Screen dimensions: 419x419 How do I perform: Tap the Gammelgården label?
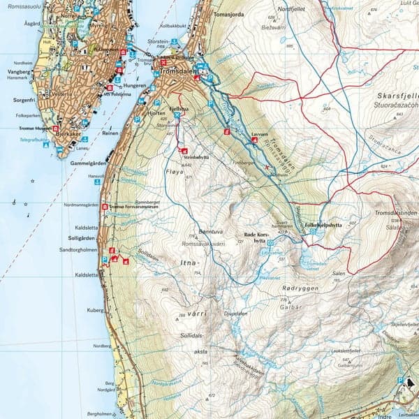click(x=87, y=163)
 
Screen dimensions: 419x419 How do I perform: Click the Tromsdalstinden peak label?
click(x=395, y=213)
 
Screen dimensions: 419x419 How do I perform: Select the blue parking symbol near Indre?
click(x=400, y=380)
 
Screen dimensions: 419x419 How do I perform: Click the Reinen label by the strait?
click(x=110, y=132)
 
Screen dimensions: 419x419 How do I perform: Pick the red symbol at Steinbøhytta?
click(x=184, y=151)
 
